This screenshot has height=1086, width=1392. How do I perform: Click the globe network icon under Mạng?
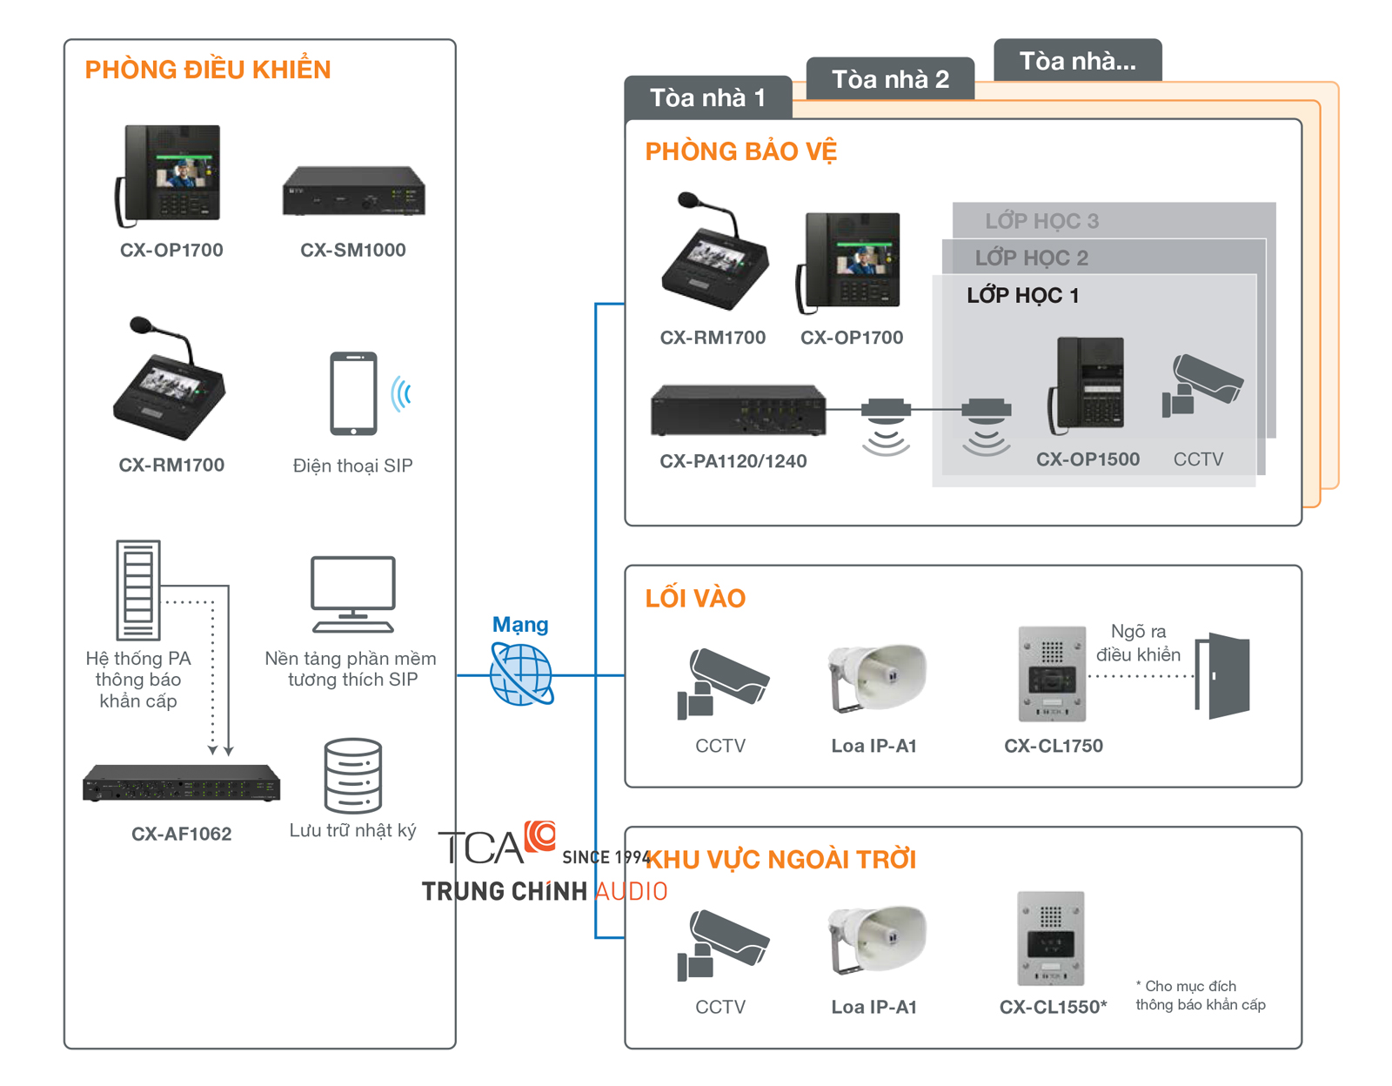(x=521, y=674)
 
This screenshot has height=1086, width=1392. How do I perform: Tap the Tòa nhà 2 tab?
(x=890, y=79)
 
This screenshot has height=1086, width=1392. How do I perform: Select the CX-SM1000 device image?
(x=353, y=191)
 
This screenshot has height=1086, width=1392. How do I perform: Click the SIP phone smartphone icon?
(x=353, y=393)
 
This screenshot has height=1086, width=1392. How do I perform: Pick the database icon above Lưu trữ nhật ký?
(x=352, y=775)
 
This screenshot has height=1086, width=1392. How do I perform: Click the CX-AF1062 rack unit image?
(x=181, y=782)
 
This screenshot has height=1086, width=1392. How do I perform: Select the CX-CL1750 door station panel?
(x=1052, y=674)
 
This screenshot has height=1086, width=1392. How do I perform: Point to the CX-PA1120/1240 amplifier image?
(x=738, y=410)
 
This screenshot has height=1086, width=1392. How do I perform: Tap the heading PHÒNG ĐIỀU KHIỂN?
(x=208, y=70)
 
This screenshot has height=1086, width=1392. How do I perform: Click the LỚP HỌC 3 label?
(x=1041, y=221)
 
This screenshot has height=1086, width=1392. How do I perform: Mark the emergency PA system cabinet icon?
(x=138, y=590)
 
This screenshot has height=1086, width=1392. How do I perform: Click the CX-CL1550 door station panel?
(x=1051, y=937)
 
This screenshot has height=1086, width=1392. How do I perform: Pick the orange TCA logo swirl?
(x=540, y=835)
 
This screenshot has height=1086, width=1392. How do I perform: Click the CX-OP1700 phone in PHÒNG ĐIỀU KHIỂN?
(x=171, y=174)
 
